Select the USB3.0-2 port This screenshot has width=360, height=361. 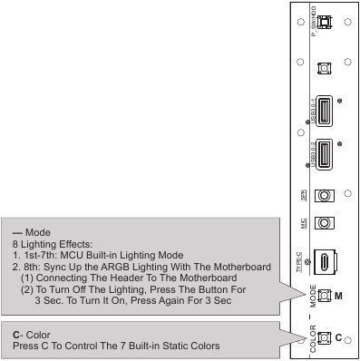point(324,159)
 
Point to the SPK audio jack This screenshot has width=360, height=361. point(323,195)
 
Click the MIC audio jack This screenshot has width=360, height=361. point(323,222)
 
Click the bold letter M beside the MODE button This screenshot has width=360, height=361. point(338,296)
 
